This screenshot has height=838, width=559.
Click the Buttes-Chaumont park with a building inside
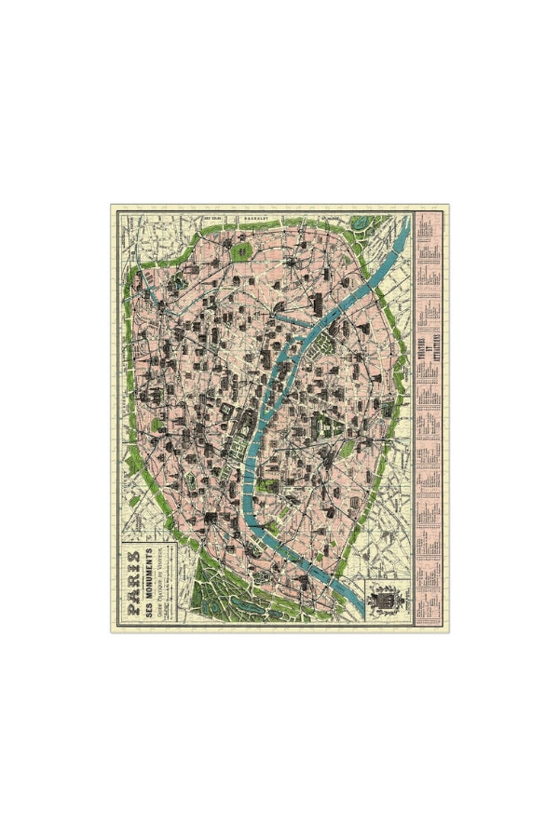point(240,251)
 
